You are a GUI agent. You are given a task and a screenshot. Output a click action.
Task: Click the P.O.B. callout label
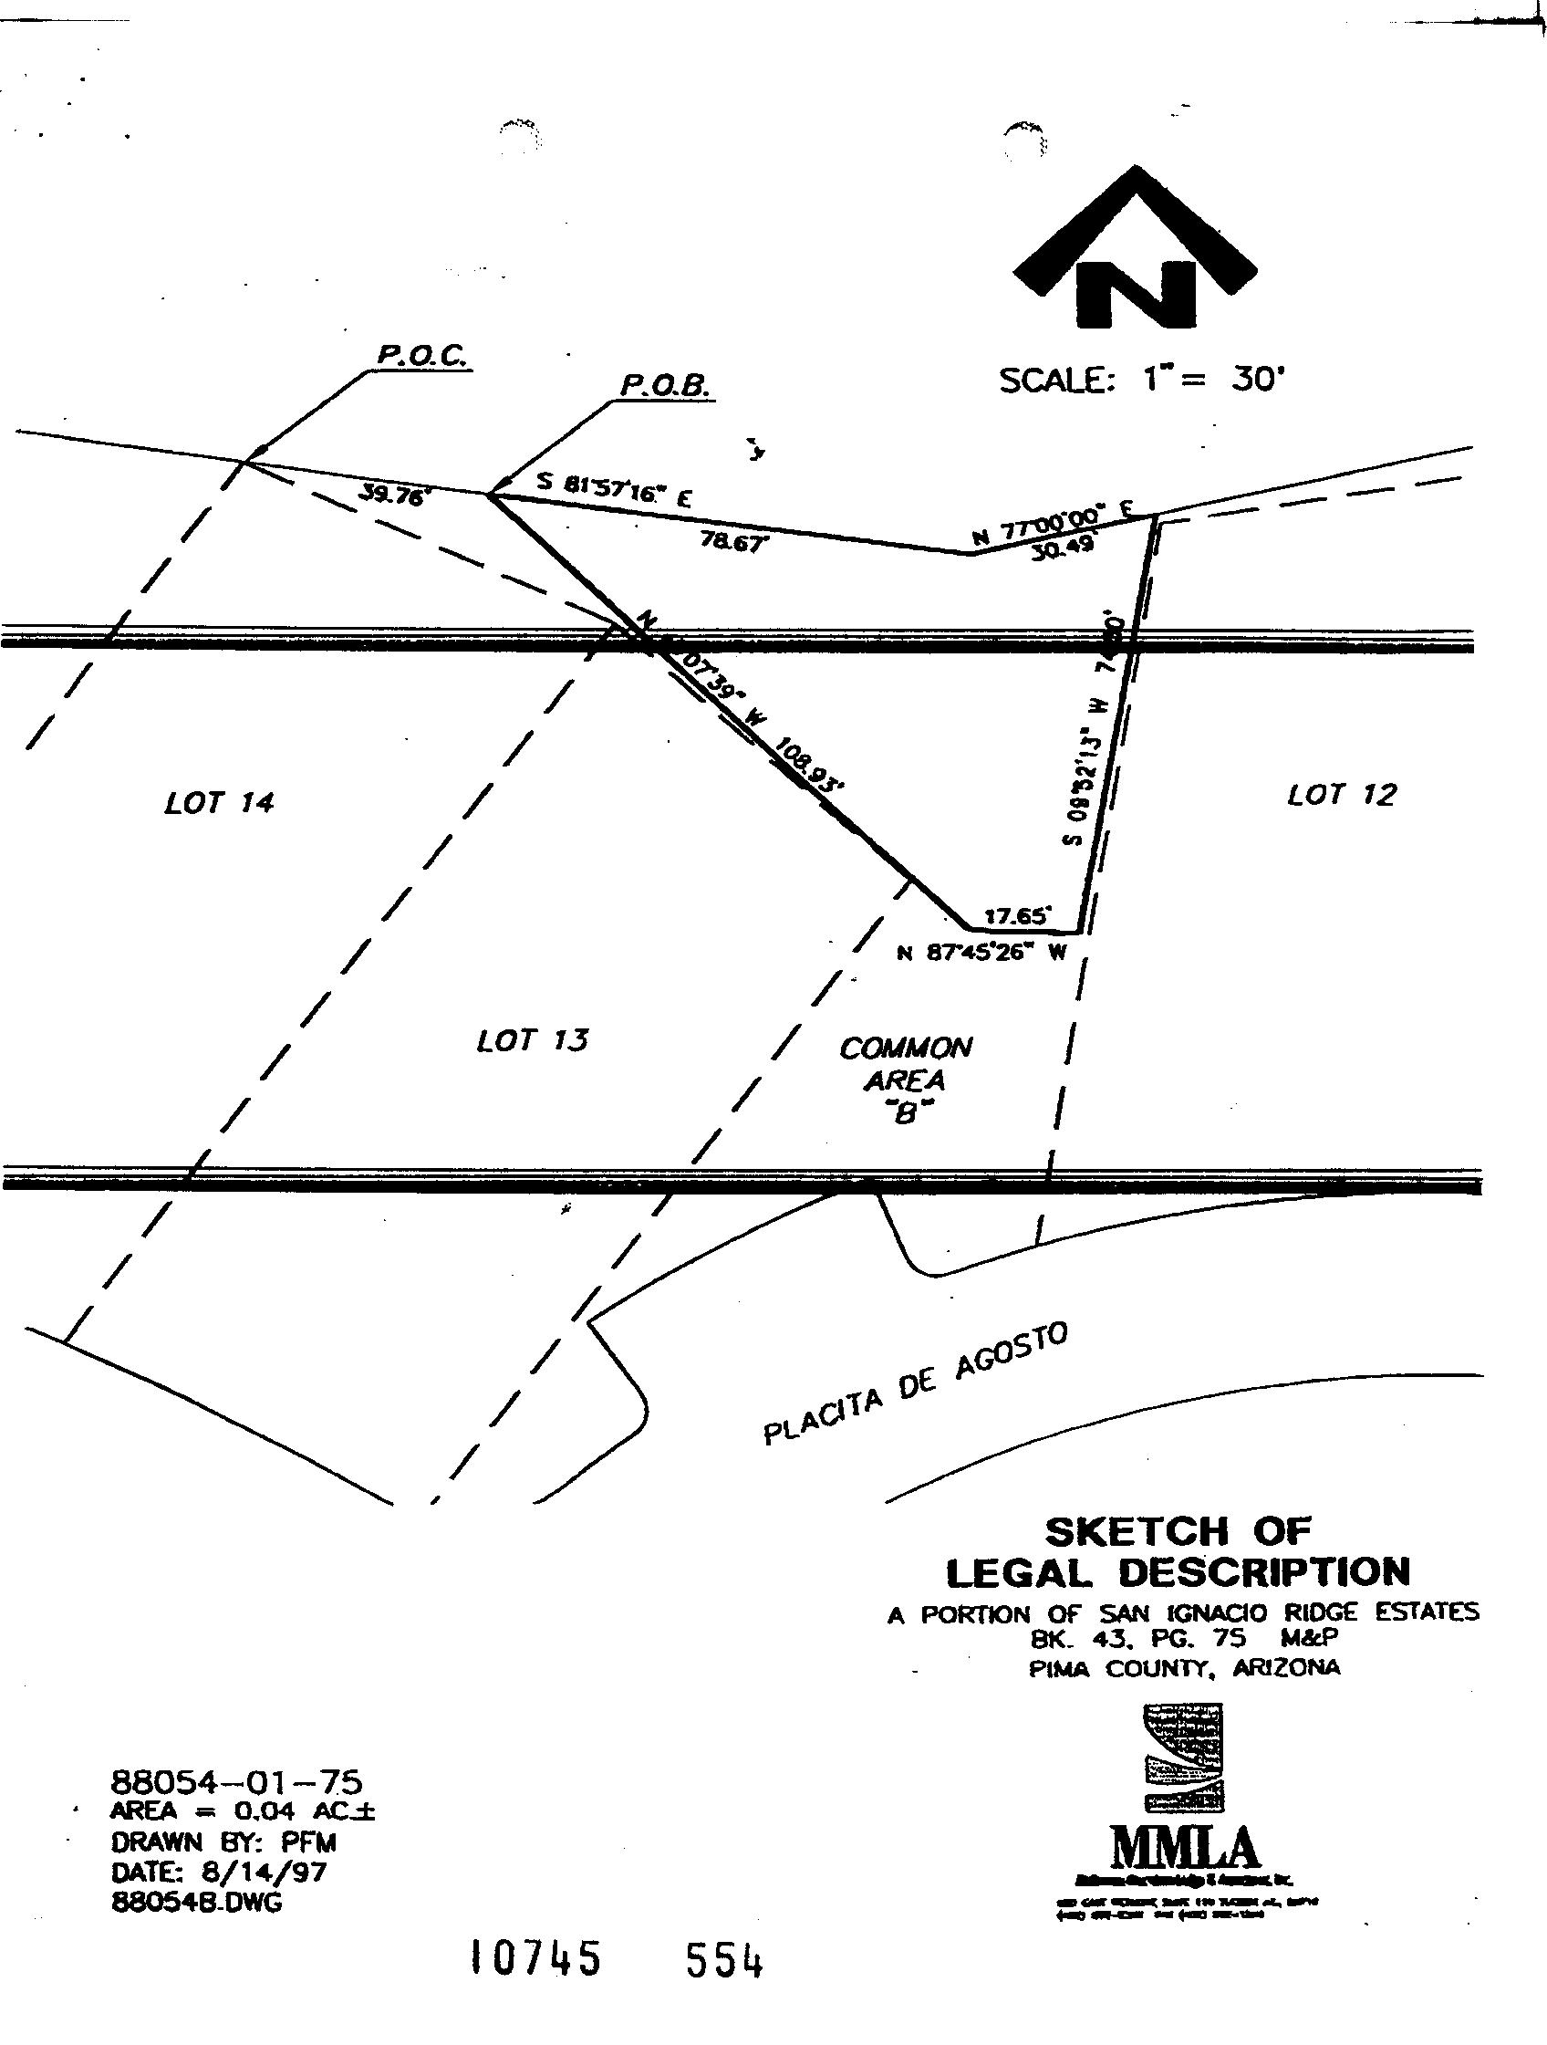point(664,383)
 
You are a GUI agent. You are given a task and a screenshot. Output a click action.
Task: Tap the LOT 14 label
point(219,801)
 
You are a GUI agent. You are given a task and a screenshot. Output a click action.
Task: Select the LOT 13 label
point(533,1041)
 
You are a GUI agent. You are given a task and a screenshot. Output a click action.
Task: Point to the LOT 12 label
point(1342,793)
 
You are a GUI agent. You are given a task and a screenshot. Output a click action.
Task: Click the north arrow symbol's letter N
point(1137,294)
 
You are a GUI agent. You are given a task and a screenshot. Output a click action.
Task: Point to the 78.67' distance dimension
point(734,543)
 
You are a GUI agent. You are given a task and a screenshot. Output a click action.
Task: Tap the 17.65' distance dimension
point(1017,916)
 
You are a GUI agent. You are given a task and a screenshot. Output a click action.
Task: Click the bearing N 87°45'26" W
point(983,954)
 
